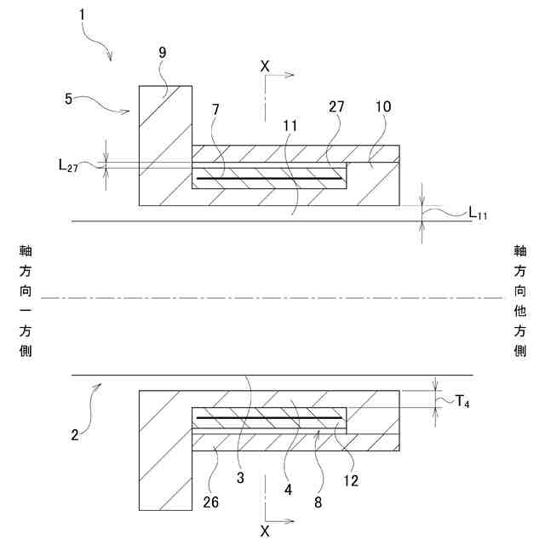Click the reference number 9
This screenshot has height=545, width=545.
click(162, 53)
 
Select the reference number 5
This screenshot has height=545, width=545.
click(69, 99)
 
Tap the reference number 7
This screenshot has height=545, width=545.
click(216, 110)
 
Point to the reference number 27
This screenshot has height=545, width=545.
click(336, 107)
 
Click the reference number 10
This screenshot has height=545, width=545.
click(382, 107)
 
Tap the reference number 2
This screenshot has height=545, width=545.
click(75, 434)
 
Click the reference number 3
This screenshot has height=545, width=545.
click(240, 479)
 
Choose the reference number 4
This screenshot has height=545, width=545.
click(288, 490)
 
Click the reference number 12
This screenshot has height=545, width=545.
click(351, 479)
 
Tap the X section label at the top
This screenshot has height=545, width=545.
click(265, 65)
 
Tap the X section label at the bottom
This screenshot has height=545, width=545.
click(265, 530)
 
